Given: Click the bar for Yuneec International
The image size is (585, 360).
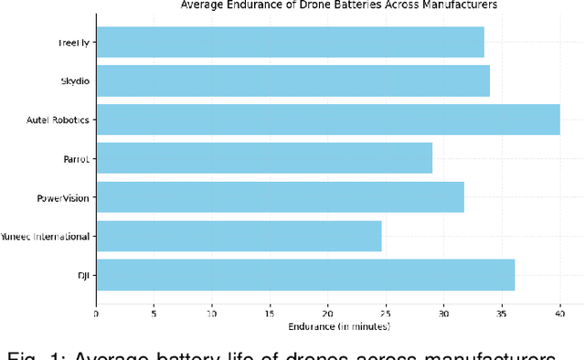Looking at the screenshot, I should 239,236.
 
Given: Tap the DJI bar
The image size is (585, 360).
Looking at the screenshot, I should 305,274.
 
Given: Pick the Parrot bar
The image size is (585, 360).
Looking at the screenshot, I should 264,158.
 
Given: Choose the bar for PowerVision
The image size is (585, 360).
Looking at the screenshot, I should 280,197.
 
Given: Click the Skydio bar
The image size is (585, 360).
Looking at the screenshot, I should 292,80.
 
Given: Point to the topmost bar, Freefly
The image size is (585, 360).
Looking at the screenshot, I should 290,42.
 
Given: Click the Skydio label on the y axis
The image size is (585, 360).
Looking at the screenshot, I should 74,81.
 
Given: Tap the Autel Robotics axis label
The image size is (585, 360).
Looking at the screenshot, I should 59,120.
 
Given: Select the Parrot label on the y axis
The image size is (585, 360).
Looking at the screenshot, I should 77,159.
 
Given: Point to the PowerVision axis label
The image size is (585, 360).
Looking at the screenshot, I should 63,197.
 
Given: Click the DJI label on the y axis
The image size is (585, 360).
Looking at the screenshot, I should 84,275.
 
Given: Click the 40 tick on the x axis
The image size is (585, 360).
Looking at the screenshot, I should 559,313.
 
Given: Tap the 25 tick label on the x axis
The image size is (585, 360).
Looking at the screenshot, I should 386,313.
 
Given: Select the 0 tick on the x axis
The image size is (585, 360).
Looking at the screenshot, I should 96,313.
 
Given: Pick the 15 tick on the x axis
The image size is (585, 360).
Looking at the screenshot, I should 270,313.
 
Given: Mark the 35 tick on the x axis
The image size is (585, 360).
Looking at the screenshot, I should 502,313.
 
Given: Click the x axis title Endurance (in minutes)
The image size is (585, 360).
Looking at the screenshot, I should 339,326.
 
